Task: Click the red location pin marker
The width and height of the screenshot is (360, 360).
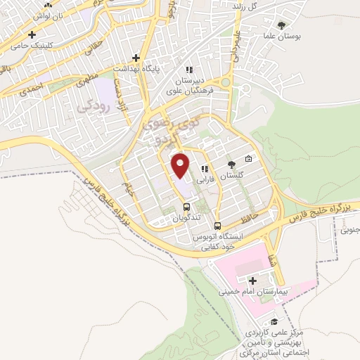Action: point(181,165)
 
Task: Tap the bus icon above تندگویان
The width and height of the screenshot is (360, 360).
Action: point(186,207)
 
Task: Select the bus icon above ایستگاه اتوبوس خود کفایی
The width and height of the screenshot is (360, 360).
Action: point(217,226)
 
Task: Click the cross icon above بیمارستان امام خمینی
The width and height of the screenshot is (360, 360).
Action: point(252,281)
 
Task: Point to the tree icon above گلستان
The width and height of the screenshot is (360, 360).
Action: point(231,164)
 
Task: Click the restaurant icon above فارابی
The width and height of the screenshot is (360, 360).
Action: point(205,169)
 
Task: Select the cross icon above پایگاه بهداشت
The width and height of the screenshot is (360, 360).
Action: point(136,58)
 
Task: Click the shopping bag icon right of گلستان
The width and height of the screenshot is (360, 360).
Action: point(248,158)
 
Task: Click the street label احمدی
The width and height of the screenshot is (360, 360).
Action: point(32,89)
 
